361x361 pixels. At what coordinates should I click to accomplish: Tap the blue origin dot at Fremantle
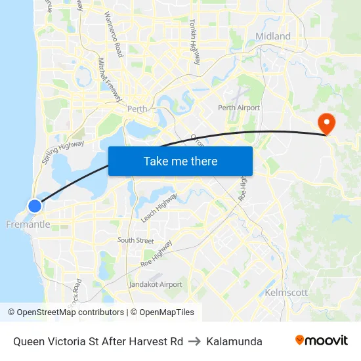coord(35,206)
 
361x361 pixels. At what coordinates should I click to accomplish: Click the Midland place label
coord(273,36)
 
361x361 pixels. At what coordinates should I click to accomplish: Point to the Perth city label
coord(137,109)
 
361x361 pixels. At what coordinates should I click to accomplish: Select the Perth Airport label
coord(239,108)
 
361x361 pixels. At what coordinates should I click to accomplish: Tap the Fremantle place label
coord(28,224)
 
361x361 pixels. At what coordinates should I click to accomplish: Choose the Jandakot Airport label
coord(156,284)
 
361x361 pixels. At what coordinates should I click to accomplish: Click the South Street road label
coord(135,240)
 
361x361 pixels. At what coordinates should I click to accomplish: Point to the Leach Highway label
coord(158,207)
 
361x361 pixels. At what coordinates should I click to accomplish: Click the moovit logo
coord(321,340)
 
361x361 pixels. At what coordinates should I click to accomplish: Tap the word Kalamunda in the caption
coord(234,341)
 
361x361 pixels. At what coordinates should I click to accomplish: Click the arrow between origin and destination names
coord(195,341)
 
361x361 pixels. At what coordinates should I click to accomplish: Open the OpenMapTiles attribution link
coord(162,312)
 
